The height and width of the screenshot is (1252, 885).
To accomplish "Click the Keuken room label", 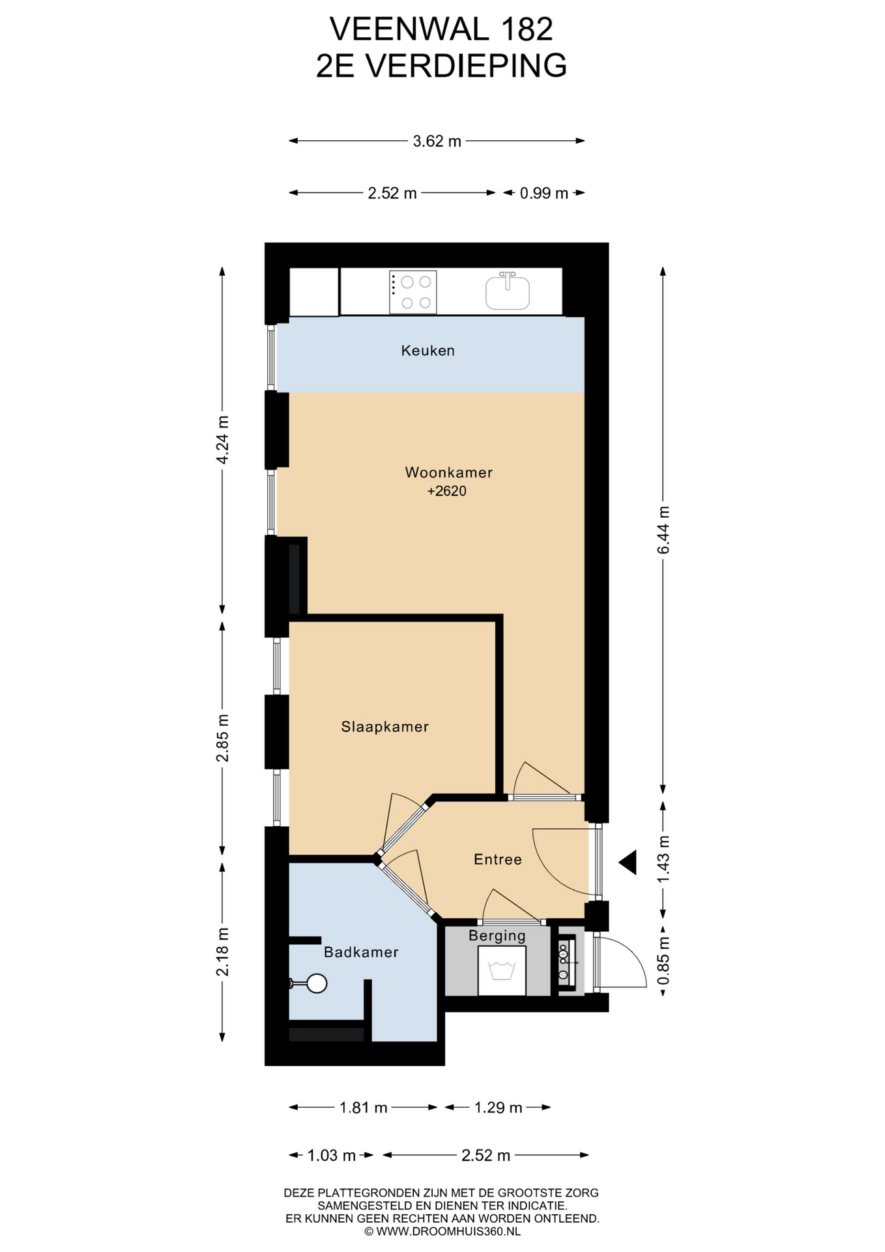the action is tap(428, 351).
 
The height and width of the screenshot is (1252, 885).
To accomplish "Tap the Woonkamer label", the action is tap(448, 472).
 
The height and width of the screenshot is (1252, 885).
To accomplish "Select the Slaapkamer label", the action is tap(385, 726).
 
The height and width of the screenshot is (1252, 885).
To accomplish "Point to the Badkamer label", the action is tap(361, 952).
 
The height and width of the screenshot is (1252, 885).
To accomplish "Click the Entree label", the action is tap(498, 859).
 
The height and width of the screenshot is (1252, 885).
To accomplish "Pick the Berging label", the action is tap(497, 936).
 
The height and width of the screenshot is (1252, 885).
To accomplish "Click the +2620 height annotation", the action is tap(447, 491).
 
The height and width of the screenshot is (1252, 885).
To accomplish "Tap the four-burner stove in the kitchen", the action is tap(413, 292).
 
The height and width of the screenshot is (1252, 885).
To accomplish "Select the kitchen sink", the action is tap(508, 291).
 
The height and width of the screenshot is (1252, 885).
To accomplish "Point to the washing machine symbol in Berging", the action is tap(502, 970).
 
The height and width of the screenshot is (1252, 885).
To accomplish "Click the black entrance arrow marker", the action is tap(628, 862).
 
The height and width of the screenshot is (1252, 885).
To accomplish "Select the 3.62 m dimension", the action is tap(437, 141).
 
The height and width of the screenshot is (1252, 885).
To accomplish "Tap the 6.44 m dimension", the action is tap(663, 529).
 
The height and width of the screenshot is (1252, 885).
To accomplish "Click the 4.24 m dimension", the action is tap(222, 440).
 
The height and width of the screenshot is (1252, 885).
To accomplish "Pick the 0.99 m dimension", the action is tap(544, 193).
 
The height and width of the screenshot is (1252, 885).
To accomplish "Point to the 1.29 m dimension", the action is tap(498, 1107).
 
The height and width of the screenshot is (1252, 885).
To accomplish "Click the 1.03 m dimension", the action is tap(331, 1155).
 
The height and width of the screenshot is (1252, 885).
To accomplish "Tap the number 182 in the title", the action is tap(527, 29).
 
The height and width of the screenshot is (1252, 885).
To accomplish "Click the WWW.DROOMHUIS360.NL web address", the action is tap(448, 1231).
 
